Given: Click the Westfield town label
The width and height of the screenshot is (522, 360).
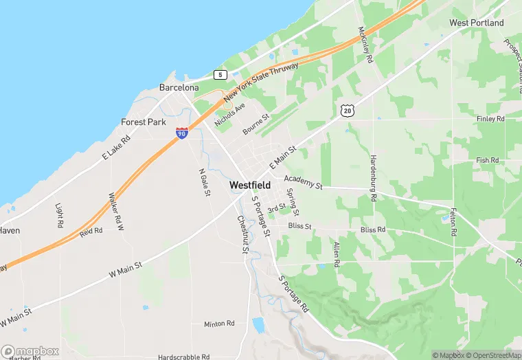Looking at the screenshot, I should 249,185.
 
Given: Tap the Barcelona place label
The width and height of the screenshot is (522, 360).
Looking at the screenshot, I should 179,88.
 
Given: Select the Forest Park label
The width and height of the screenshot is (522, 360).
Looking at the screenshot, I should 144,122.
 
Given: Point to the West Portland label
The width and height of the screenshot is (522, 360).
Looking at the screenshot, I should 476,23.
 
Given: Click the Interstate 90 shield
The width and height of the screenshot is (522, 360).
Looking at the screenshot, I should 182,133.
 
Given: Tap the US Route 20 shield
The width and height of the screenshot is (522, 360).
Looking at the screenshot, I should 348,110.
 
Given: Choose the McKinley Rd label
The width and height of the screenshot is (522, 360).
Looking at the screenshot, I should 364,45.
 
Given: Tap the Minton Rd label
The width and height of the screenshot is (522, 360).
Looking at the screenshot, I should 219,324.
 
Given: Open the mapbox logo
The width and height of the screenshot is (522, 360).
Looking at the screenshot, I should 30,352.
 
